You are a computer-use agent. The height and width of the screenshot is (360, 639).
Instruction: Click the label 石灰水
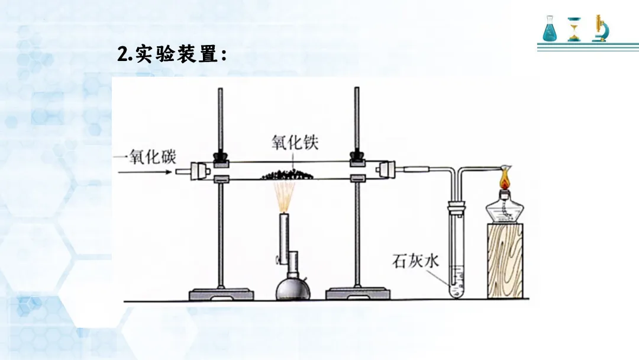click(x=415, y=261)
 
